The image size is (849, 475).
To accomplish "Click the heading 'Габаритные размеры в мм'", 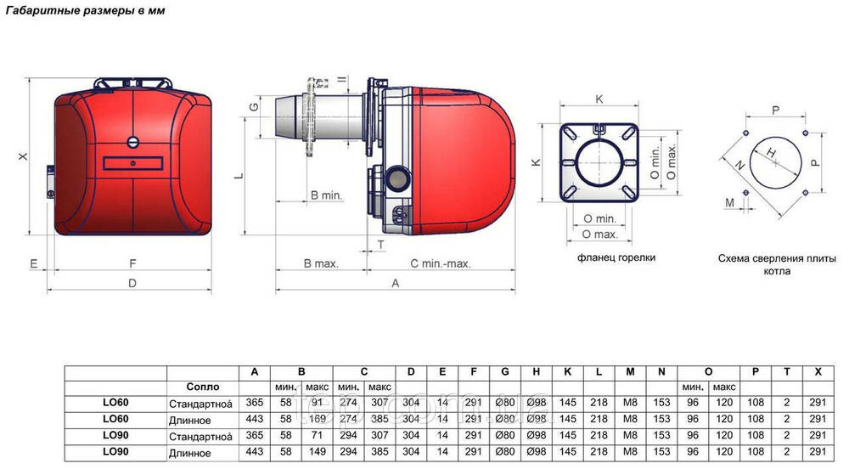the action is (85, 10).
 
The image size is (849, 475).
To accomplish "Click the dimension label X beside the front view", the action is (23, 156).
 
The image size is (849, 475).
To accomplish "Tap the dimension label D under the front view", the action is (132, 283).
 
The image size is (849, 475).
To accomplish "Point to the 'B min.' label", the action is (327, 195).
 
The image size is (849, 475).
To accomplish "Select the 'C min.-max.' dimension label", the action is (440, 263).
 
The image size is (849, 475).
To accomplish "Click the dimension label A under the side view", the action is (396, 283).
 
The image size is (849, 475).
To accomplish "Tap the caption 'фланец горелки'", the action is (616, 257).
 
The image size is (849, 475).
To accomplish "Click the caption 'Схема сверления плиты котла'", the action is (777, 264).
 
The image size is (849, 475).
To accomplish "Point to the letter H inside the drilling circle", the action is (772, 153).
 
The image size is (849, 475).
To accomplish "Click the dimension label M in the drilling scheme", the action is (730, 202).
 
